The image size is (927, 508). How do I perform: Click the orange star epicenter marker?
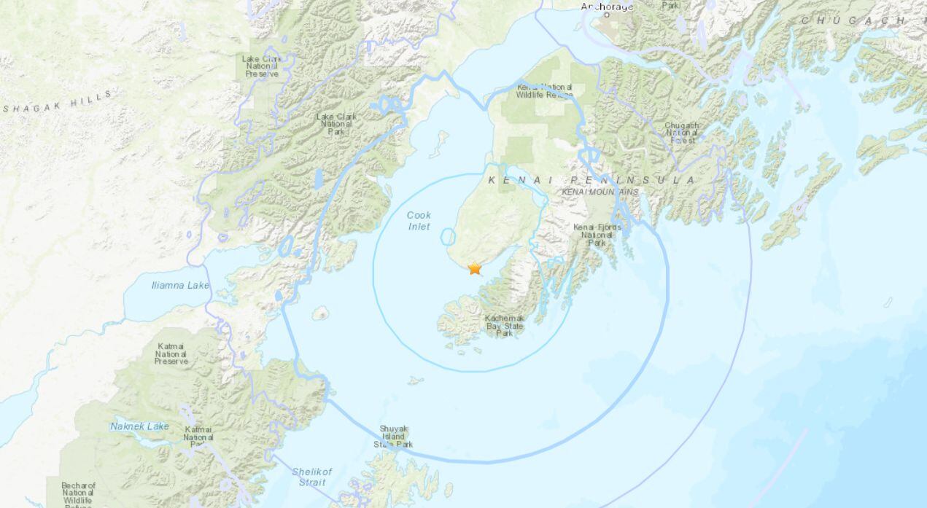click(x=475, y=268)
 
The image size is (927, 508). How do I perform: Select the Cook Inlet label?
click(x=419, y=221)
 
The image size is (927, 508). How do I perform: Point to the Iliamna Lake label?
click(x=180, y=285)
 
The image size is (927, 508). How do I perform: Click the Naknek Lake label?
click(x=140, y=426)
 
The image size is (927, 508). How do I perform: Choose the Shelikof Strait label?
click(x=311, y=477)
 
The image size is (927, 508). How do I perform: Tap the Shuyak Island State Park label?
click(x=393, y=437)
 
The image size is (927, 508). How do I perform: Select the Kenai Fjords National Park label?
click(x=597, y=235)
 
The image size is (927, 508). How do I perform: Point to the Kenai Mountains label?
click(x=600, y=192)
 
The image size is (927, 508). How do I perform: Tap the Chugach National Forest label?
click(x=682, y=132)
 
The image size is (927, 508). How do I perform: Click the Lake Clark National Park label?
click(x=335, y=124)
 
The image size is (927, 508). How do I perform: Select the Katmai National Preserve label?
click(x=171, y=353)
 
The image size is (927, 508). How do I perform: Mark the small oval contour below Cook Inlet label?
click(x=448, y=237)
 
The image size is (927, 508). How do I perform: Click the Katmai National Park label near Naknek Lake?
click(x=198, y=436)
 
